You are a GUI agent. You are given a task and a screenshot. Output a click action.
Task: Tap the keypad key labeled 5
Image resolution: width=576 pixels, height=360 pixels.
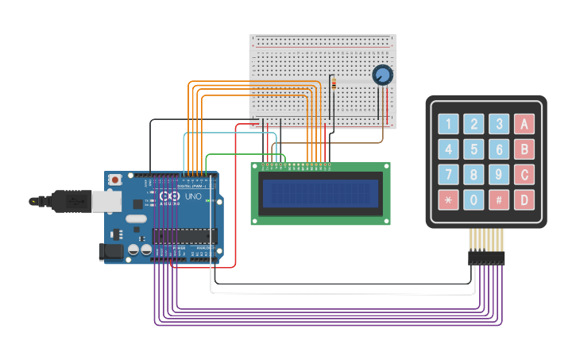coord(474,149)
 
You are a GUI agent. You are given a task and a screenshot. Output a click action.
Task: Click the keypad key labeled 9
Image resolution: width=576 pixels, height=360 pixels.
coord(499,174)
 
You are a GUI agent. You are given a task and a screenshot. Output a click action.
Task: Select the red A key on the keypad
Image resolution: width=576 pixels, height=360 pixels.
coord(524,124)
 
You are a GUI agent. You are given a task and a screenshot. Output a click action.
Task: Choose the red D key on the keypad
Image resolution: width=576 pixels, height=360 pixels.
coord(524,199)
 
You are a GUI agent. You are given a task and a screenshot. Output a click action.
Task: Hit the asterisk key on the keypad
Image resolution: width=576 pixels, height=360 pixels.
coord(449,199)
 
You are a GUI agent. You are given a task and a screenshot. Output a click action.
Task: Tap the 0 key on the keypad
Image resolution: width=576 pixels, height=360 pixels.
coord(474,199)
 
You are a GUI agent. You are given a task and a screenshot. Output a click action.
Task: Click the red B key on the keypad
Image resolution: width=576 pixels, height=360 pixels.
coord(524,149)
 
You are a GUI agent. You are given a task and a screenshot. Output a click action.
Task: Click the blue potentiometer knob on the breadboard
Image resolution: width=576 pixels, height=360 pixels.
coord(382,75)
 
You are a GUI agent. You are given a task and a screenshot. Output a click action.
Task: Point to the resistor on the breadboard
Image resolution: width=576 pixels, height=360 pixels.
coord(333,84)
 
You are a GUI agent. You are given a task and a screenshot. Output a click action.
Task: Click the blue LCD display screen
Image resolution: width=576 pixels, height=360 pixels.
coord(320,192)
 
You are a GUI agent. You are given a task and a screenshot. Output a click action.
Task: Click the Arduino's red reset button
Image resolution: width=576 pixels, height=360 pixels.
coord(115,180)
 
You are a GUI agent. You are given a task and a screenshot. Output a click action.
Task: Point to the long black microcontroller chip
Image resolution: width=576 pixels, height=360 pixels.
coord(184,235)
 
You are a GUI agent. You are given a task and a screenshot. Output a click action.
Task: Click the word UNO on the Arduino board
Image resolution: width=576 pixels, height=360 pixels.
coord(193,196)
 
